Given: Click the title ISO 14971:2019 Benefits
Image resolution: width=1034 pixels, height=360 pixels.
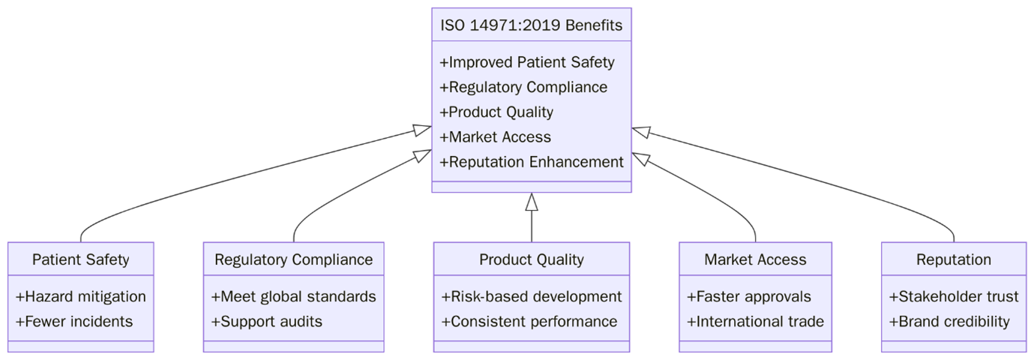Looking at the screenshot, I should pyautogui.click(x=531, y=25).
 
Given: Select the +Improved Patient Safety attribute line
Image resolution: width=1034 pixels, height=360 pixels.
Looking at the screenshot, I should pyautogui.click(x=526, y=62).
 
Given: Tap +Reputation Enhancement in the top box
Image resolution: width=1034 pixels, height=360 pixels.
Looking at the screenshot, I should pyautogui.click(x=531, y=162).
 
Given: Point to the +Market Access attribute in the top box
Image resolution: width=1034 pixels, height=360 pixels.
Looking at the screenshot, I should pyautogui.click(x=495, y=137).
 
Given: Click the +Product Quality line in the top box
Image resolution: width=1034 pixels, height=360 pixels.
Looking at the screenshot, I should pyautogui.click(x=496, y=112).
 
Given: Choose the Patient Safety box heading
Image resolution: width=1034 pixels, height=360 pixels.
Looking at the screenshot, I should pyautogui.click(x=80, y=260).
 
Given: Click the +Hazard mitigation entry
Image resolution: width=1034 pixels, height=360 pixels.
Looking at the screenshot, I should pyautogui.click(x=80, y=297).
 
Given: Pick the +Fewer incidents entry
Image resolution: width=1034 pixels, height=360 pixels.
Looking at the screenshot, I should pyautogui.click(x=74, y=322).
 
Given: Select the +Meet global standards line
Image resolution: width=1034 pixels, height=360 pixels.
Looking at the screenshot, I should pyautogui.click(x=293, y=297).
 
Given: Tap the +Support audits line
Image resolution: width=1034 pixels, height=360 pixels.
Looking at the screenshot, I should pyautogui.click(x=267, y=322).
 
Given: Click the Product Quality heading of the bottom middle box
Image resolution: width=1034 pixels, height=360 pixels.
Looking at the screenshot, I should pyautogui.click(x=531, y=260).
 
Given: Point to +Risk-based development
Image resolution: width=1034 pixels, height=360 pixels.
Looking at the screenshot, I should pyautogui.click(x=531, y=297).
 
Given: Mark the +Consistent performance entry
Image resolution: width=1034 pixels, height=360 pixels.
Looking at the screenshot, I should pyautogui.click(x=529, y=322).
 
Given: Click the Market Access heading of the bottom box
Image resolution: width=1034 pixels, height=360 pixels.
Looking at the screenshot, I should pyautogui.click(x=755, y=260).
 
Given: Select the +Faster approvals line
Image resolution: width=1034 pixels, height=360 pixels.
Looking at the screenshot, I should pyautogui.click(x=748, y=297).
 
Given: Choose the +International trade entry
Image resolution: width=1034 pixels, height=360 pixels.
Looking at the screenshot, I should pyautogui.click(x=755, y=322).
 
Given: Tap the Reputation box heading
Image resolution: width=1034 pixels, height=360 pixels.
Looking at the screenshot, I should pyautogui.click(x=953, y=260).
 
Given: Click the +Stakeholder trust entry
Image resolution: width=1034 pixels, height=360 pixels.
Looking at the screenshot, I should pyautogui.click(x=953, y=297).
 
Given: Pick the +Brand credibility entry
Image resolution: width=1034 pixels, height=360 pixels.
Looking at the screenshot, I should pyautogui.click(x=949, y=322).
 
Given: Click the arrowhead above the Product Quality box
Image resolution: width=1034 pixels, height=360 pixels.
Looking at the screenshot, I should pyautogui.click(x=532, y=202).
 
